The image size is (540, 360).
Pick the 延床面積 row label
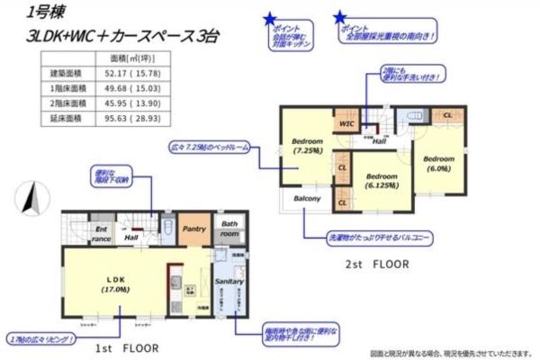(65, 117)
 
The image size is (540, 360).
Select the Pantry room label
(193, 230)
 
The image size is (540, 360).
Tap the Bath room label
(230, 229)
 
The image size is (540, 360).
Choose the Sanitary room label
(228, 282)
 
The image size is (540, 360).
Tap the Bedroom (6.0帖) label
(440, 163)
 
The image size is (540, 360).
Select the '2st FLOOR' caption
(376, 265)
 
